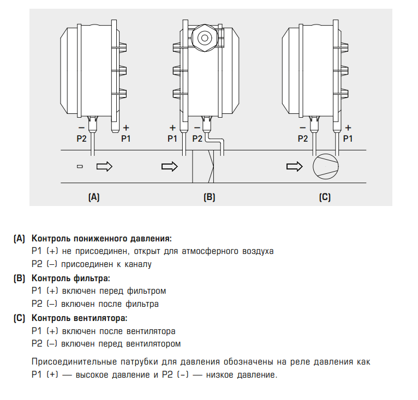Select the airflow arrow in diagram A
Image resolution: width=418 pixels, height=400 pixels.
pyautogui.click(x=104, y=166)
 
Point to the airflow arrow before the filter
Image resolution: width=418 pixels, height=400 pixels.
pyautogui.click(x=170, y=166)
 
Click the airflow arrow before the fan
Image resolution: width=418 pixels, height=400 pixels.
pyautogui.click(x=295, y=166)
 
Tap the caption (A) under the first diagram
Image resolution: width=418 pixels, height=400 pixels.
pyautogui.click(x=94, y=197)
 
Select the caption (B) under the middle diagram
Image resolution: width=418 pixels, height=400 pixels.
pyautogui.click(x=209, y=197)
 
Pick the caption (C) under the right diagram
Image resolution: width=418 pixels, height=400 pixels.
pyautogui.click(x=325, y=197)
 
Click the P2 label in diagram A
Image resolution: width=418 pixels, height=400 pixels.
pyautogui.click(x=81, y=138)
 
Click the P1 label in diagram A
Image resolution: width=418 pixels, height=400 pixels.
pyautogui.click(x=126, y=138)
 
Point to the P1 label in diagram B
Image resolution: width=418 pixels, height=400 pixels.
pyautogui.click(x=172, y=138)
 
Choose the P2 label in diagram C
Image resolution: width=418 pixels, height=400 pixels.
pyautogui.click(x=303, y=138)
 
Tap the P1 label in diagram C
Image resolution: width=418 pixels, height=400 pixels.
pyautogui.click(x=347, y=138)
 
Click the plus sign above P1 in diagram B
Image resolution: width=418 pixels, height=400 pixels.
pyautogui.click(x=172, y=128)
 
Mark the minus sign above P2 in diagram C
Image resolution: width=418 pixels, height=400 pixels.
pyautogui.click(x=303, y=128)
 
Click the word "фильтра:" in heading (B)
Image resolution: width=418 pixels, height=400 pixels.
pyautogui.click(x=94, y=278)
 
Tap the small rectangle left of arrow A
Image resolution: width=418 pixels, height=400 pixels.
pyautogui.click(x=80, y=166)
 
